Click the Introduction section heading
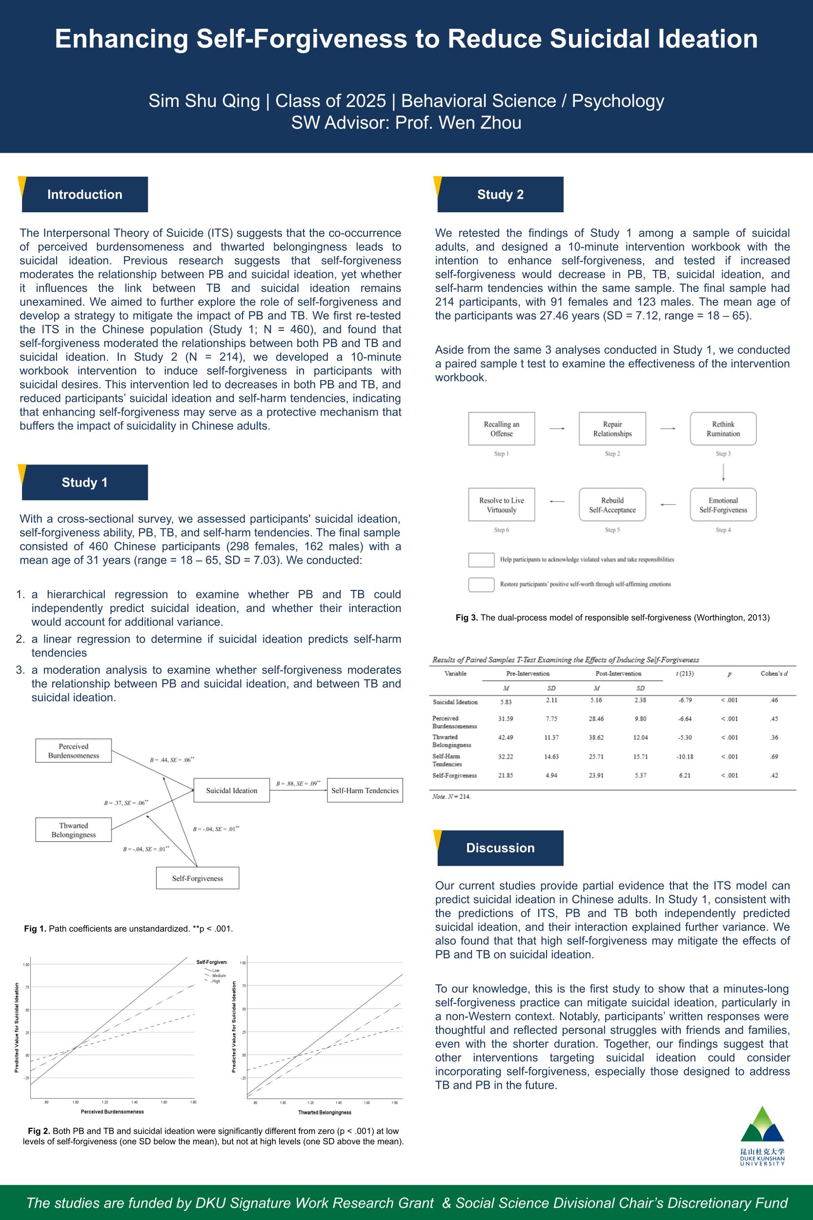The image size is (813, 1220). (x=84, y=194)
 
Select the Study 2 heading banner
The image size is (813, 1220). (x=500, y=194)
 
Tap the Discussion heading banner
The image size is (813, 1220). (x=500, y=848)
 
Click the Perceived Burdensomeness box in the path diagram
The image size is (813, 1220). (x=74, y=751)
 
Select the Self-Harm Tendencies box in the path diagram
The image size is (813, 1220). (x=365, y=791)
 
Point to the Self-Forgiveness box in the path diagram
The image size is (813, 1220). (x=198, y=878)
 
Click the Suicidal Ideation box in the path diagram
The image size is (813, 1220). (x=231, y=791)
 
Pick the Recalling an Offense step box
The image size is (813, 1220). (x=501, y=429)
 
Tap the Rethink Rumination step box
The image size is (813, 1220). (x=723, y=429)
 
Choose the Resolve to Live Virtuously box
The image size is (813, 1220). (x=501, y=505)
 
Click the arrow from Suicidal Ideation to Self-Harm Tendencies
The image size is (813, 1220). (x=298, y=791)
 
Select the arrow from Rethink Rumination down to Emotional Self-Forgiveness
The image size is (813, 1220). (x=723, y=472)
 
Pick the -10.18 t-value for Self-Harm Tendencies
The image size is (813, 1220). (x=684, y=756)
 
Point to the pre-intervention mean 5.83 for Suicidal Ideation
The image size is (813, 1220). (x=506, y=702)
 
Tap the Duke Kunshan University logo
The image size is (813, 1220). (x=762, y=1136)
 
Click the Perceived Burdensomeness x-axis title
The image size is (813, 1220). (x=112, y=1112)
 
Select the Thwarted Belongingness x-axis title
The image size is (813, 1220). (x=325, y=1112)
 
